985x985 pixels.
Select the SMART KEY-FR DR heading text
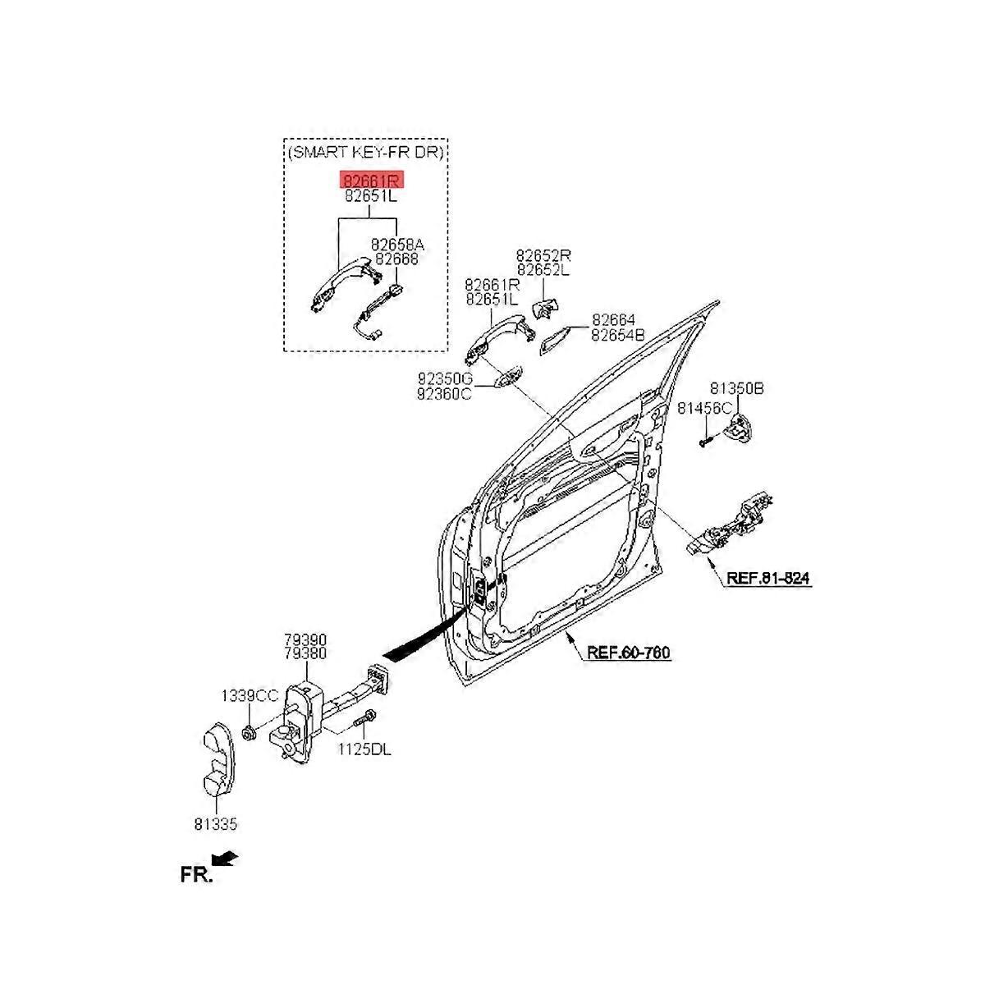click(367, 153)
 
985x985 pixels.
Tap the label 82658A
click(397, 245)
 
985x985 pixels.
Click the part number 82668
click(396, 259)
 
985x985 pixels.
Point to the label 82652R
click(543, 255)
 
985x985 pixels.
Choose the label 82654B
click(619, 334)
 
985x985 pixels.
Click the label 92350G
click(445, 378)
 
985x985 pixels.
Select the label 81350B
click(736, 388)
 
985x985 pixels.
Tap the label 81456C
click(703, 408)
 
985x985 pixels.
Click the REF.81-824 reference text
click(767, 578)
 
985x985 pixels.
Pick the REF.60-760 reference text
click(629, 653)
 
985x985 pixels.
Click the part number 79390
click(305, 639)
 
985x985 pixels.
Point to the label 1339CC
click(250, 696)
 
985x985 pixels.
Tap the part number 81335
click(215, 825)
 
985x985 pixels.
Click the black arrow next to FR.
click(224, 859)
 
